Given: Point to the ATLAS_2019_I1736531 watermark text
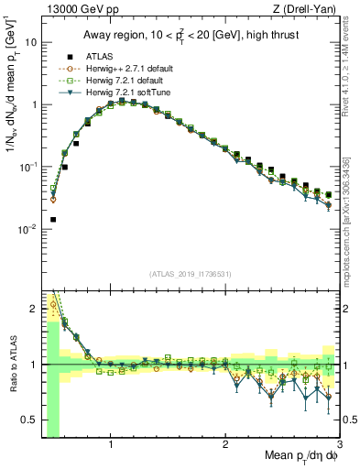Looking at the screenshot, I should tap(189, 273).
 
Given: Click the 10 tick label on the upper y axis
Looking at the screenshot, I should tap(29, 43).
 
